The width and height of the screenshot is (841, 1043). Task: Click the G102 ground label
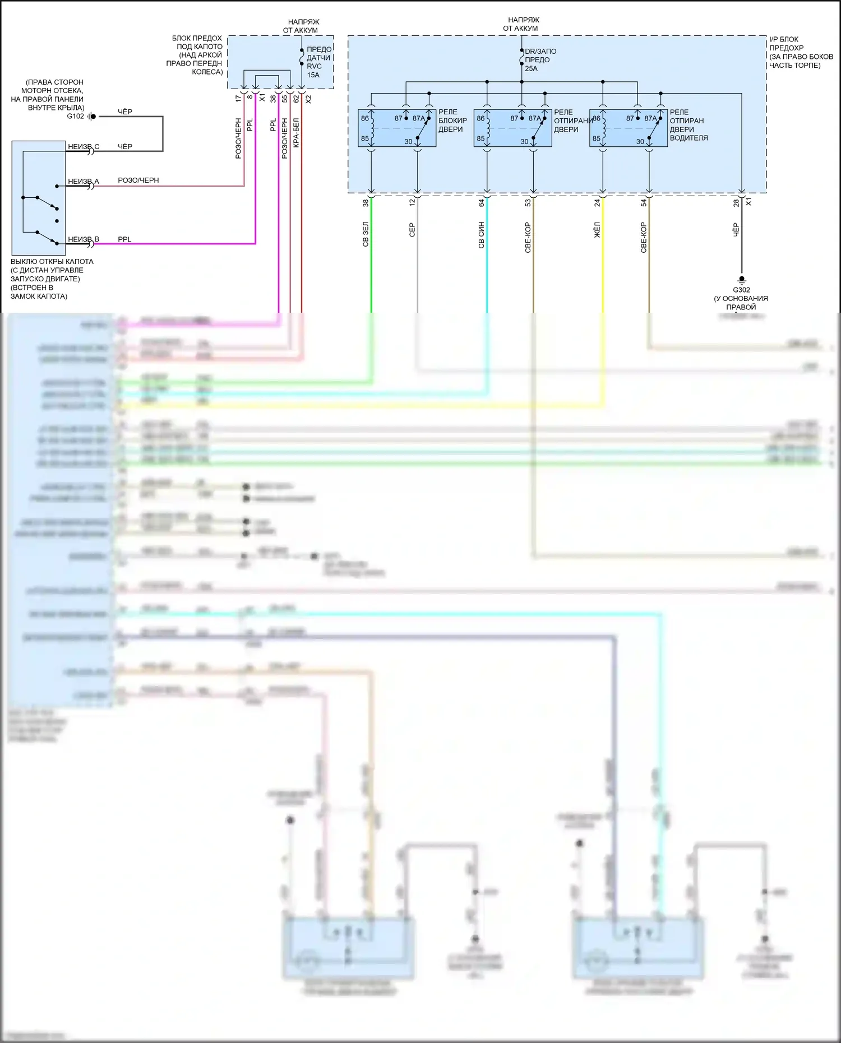(75, 117)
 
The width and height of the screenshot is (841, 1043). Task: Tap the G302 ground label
(741, 290)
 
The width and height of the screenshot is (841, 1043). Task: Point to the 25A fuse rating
(531, 68)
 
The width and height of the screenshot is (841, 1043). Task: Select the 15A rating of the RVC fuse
(313, 75)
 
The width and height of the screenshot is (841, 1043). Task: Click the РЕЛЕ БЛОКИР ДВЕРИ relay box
(397, 128)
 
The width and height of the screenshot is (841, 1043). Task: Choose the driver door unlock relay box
(629, 128)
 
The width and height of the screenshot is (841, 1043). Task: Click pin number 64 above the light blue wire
(482, 203)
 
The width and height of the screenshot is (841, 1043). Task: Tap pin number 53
(528, 203)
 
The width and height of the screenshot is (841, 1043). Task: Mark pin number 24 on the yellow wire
(597, 203)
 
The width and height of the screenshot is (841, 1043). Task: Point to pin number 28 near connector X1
(736, 203)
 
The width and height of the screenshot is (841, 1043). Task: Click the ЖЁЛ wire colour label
(597, 230)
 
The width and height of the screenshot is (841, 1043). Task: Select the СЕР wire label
(412, 230)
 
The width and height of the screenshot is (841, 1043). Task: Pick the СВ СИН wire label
(482, 235)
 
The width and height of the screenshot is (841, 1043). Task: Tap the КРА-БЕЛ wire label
(296, 133)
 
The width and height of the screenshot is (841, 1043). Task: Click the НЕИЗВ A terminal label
(84, 182)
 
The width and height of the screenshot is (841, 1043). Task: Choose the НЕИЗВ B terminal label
(84, 239)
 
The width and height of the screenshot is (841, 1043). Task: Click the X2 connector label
(308, 99)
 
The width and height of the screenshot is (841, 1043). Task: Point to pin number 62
(296, 99)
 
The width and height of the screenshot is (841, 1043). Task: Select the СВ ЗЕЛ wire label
(366, 235)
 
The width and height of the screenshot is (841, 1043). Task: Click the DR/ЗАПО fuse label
(540, 52)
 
